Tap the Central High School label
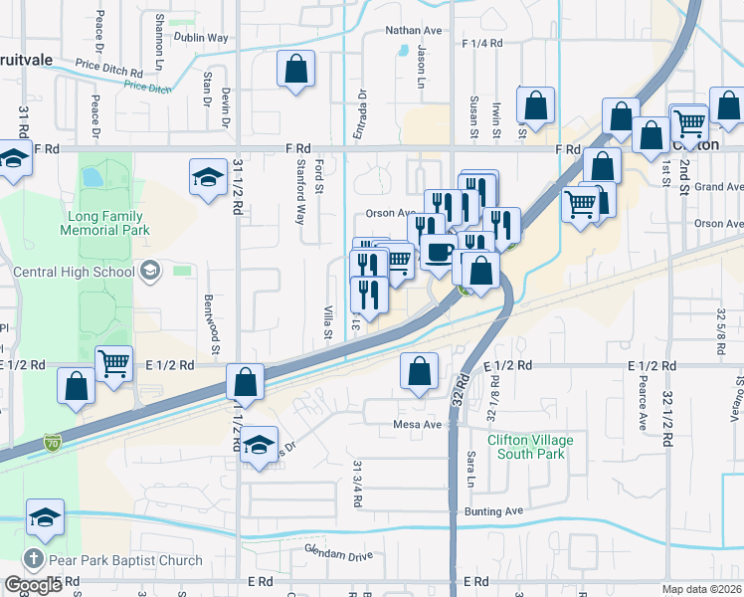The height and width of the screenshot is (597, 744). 74,271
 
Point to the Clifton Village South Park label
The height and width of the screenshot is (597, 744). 526,447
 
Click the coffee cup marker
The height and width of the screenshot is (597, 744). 439,252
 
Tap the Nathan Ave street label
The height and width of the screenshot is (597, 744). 413,31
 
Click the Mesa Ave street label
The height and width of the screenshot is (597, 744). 418,425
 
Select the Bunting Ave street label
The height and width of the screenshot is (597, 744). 493,511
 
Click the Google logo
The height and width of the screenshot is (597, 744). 33,585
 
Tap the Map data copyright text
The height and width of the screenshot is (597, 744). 702,589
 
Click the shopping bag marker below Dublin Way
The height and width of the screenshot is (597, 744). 295,70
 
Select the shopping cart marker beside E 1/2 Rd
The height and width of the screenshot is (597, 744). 114,364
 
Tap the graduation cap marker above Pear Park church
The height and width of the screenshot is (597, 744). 45,518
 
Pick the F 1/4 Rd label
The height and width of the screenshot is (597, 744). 483,44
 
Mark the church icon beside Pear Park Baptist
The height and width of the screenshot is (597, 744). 33,560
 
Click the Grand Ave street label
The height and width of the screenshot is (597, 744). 718,187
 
